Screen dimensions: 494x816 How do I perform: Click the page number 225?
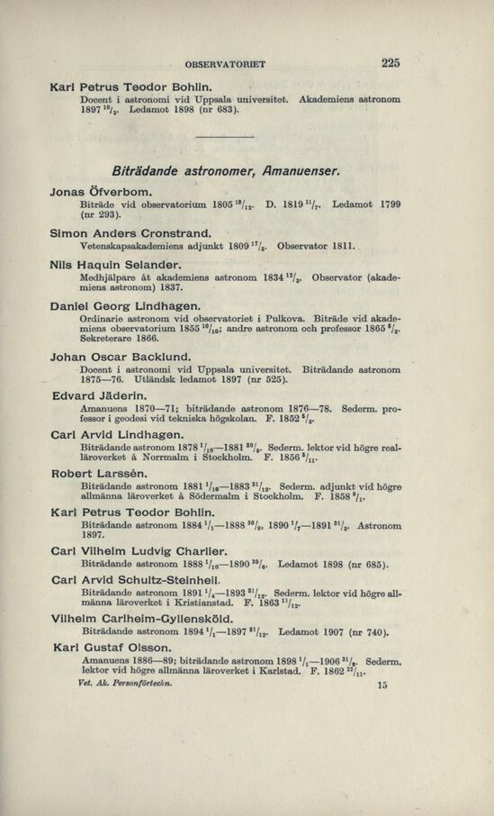391,63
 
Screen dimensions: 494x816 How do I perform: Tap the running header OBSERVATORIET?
224,65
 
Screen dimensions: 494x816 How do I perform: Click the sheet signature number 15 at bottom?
382,685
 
